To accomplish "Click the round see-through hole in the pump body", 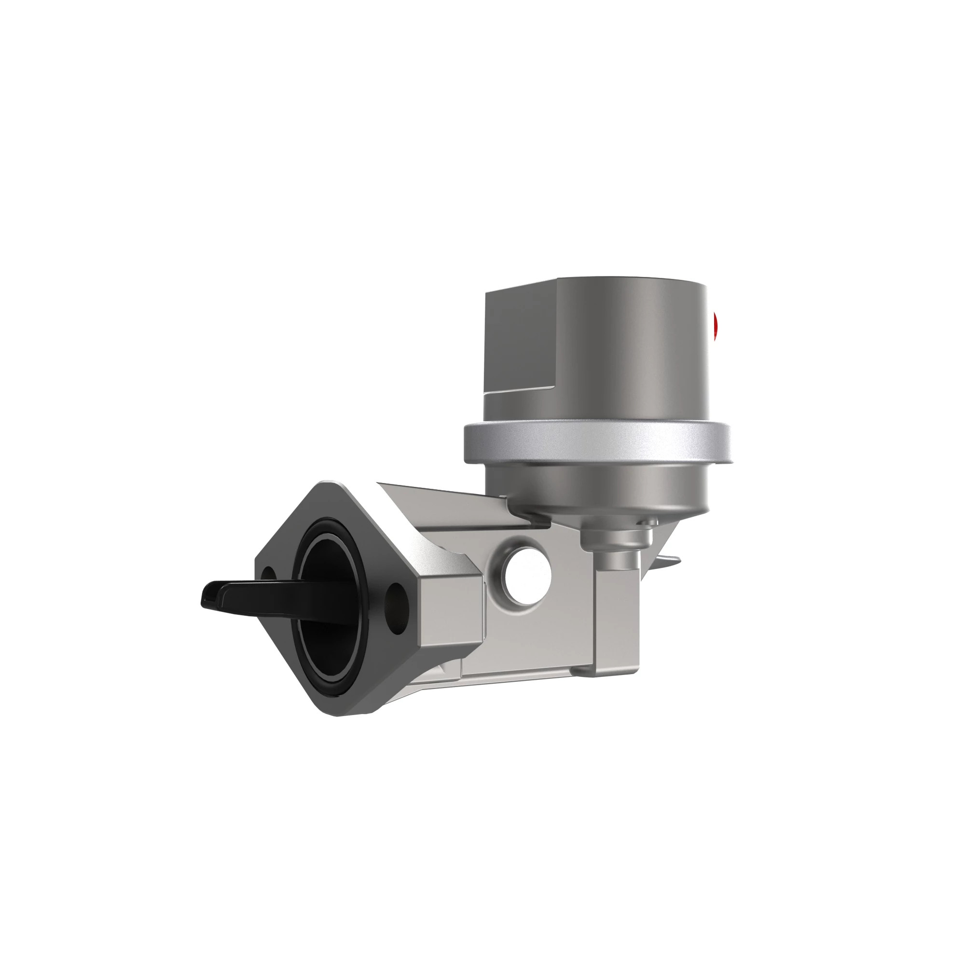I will [527, 576].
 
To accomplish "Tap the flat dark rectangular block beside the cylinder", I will [520, 340].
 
